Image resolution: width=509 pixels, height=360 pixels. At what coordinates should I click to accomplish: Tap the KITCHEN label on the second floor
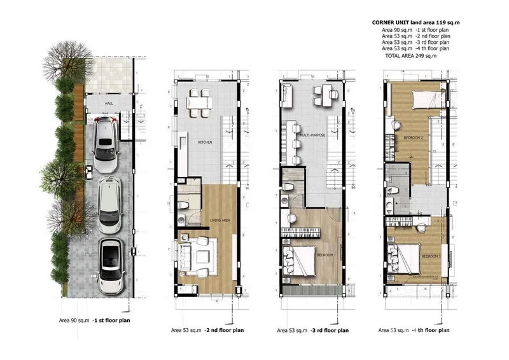(204, 142)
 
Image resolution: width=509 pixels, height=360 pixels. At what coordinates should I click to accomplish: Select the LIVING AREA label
(220, 221)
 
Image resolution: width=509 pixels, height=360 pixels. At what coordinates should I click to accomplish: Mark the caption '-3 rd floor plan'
(328, 331)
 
